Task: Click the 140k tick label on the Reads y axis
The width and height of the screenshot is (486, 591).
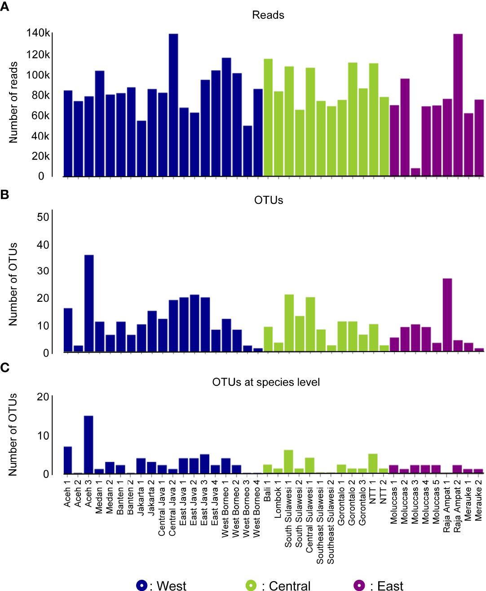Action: tap(38, 33)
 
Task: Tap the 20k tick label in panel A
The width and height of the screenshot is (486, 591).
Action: tap(40, 156)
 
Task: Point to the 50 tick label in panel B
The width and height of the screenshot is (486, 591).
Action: tap(43, 217)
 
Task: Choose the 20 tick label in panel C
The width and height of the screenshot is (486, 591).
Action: tap(43, 397)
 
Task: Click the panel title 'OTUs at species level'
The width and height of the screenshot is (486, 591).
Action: tap(266, 382)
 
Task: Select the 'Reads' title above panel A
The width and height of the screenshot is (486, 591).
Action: tap(268, 15)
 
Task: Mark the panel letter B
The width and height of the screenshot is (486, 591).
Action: tap(5, 195)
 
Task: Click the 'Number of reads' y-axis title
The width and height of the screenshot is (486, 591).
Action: tap(13, 102)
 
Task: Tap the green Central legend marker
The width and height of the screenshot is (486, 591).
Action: tap(251, 585)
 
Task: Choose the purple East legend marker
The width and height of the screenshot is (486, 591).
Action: tap(359, 585)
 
